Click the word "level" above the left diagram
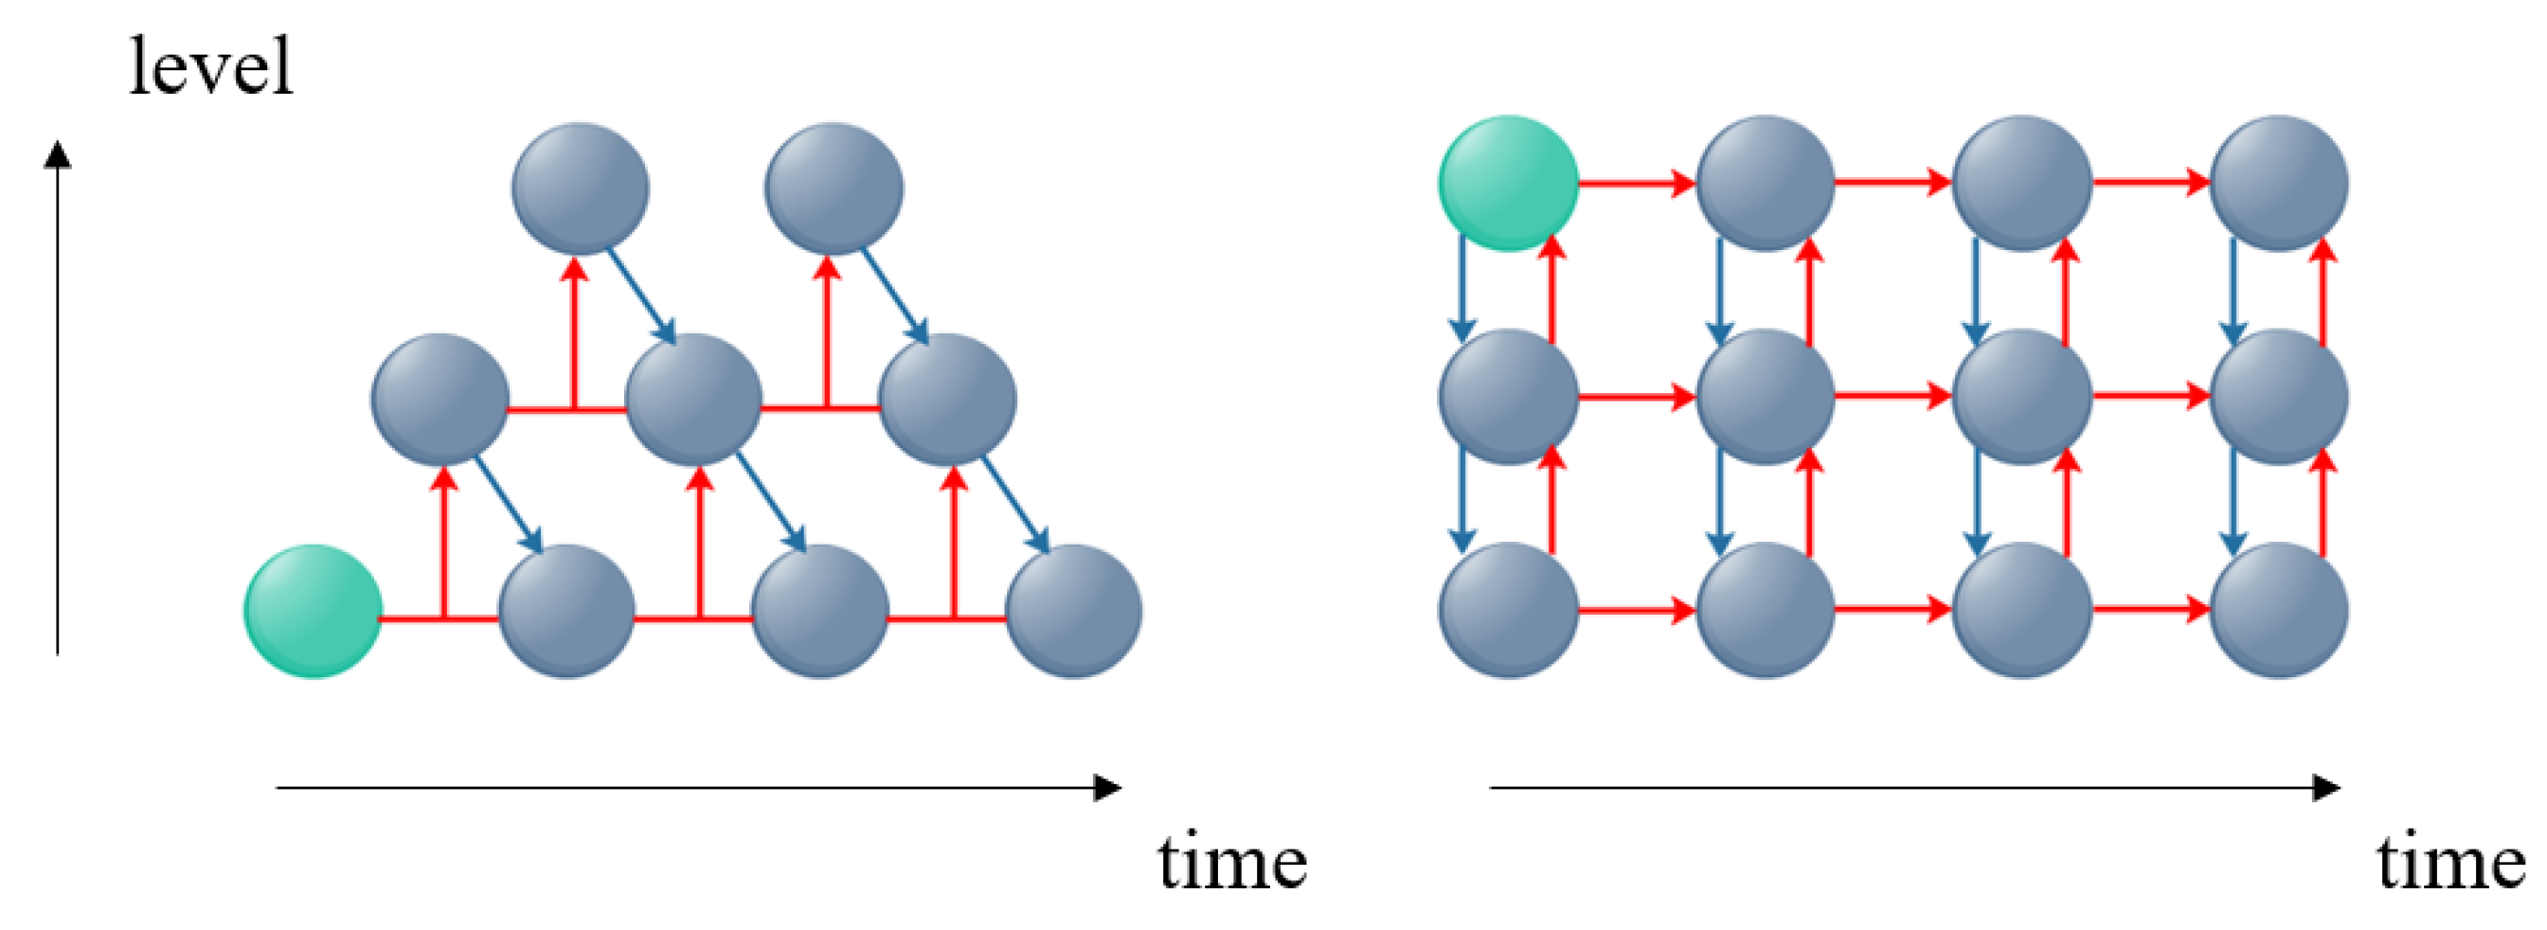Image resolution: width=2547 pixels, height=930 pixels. (210, 67)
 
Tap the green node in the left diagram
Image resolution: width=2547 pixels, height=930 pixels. (313, 611)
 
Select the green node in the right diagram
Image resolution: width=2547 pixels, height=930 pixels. (1507, 183)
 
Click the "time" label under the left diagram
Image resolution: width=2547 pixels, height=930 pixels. (1232, 863)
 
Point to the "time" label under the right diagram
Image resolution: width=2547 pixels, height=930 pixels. (2450, 863)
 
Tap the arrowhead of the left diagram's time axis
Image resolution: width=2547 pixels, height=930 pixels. (1109, 788)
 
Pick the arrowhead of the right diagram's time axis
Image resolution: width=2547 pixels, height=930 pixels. (2327, 788)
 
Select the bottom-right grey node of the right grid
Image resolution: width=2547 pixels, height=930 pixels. (2278, 610)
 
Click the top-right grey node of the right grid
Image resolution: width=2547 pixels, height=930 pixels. (2278, 183)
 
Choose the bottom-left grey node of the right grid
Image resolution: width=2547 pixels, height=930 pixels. (1507, 610)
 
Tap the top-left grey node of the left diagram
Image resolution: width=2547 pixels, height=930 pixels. (580, 188)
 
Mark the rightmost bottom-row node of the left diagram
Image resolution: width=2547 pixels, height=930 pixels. (1073, 611)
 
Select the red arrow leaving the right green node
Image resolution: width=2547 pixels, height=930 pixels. (1637, 183)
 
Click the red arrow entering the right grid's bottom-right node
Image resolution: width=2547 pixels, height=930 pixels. (2151, 610)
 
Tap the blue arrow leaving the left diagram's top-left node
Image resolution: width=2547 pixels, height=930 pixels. (640, 295)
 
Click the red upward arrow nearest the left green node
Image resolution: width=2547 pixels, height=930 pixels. (444, 544)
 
